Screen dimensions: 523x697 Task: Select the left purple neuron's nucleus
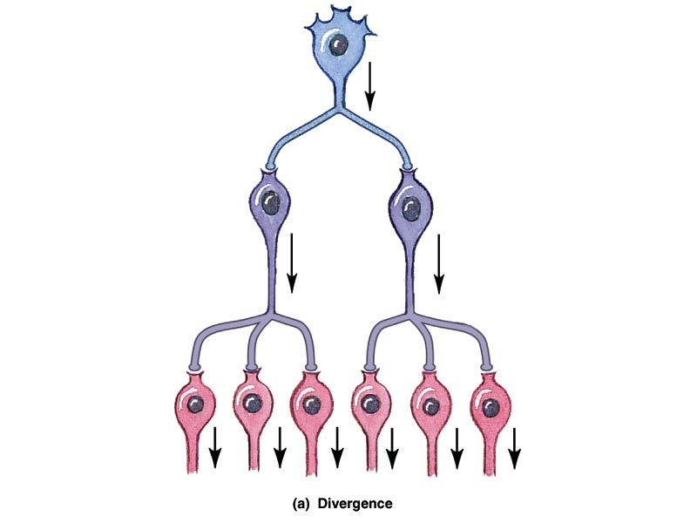272,203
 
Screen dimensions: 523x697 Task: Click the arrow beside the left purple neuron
292,261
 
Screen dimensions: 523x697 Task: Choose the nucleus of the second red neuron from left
253,404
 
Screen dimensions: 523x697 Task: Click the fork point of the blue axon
338,112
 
